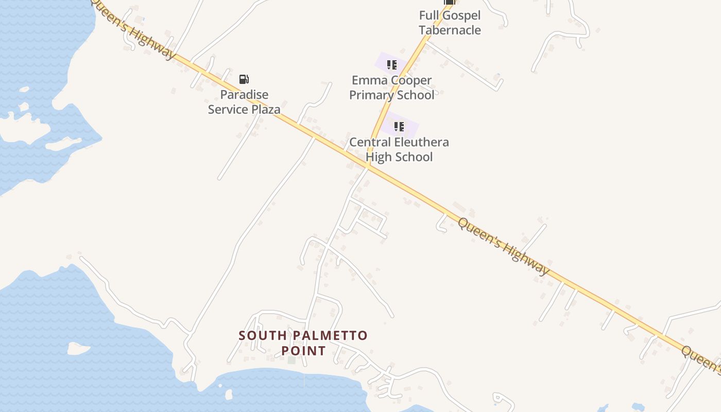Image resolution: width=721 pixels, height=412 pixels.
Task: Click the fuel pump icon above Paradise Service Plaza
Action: click(x=244, y=79)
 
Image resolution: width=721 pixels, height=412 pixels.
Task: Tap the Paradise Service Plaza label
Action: click(x=244, y=102)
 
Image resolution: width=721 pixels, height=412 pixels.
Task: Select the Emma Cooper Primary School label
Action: click(x=391, y=88)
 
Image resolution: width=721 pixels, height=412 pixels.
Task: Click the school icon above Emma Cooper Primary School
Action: click(x=392, y=65)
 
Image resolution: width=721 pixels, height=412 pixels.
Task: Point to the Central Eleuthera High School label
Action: click(x=399, y=149)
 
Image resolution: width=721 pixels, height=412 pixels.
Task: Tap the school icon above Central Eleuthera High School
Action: click(x=399, y=127)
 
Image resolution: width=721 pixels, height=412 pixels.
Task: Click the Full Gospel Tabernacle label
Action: click(x=450, y=23)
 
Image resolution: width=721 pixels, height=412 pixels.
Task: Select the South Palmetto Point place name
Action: click(x=303, y=343)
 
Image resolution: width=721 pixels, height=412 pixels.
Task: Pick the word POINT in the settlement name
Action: click(x=303, y=351)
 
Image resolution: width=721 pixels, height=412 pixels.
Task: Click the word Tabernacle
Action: click(x=450, y=30)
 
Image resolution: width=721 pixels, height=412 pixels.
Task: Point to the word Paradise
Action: click(x=244, y=95)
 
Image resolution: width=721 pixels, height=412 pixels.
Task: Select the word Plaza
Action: click(x=266, y=110)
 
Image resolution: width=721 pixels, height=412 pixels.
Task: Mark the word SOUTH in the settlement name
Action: click(x=263, y=336)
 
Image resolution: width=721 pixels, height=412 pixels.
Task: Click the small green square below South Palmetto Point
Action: click(x=291, y=360)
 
